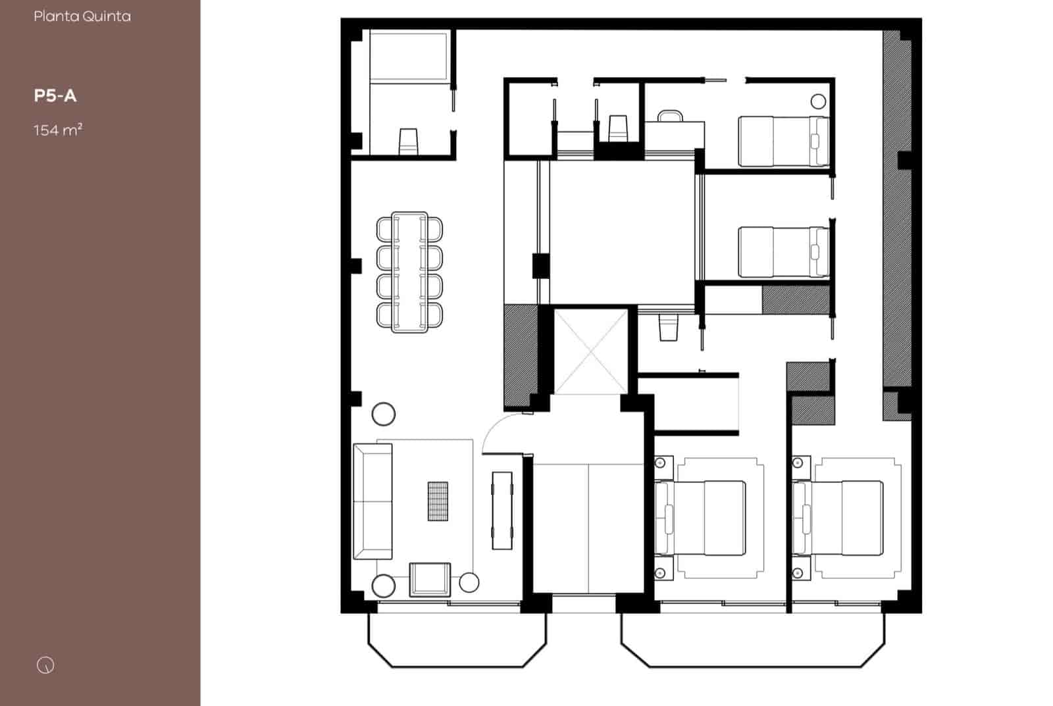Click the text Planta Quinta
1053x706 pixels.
pos(82,16)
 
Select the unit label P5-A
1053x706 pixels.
pos(55,96)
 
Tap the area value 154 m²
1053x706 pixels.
pos(58,130)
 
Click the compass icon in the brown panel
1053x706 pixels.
pos(45,665)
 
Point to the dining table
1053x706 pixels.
pos(409,272)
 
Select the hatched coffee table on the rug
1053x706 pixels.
pos(438,501)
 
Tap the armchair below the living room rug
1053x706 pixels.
pos(430,580)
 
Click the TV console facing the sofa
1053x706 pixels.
pos(502,510)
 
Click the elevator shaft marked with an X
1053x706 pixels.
pos(591,351)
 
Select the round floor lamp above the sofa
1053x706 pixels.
pos(384,414)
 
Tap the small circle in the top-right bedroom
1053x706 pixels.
pos(818,101)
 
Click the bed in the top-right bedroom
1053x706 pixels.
pos(783,141)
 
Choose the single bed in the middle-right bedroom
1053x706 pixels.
pos(783,252)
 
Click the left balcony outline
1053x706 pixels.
pos(457,641)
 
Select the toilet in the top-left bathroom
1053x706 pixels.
pos(409,141)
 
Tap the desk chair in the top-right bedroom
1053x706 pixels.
pos(670,116)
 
